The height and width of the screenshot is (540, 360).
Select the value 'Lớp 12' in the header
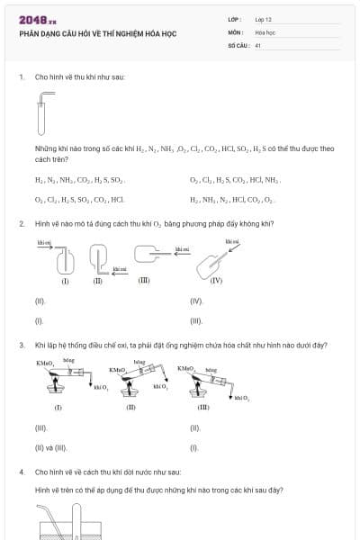coord(264,19)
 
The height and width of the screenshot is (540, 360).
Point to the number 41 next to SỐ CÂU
coord(258,45)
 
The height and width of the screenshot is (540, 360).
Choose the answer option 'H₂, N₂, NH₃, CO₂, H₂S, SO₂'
coord(79,180)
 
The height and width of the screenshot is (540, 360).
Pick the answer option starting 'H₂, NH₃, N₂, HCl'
coord(233,198)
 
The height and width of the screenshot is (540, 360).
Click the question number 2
coord(22,223)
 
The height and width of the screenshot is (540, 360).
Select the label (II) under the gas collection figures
coord(98,281)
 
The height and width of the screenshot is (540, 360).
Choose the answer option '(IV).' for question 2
coord(197,301)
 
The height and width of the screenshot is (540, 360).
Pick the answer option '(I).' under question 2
coord(39,320)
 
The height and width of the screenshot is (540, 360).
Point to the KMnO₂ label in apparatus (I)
coord(45,363)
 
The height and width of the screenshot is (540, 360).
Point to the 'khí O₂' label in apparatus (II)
coord(161,386)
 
